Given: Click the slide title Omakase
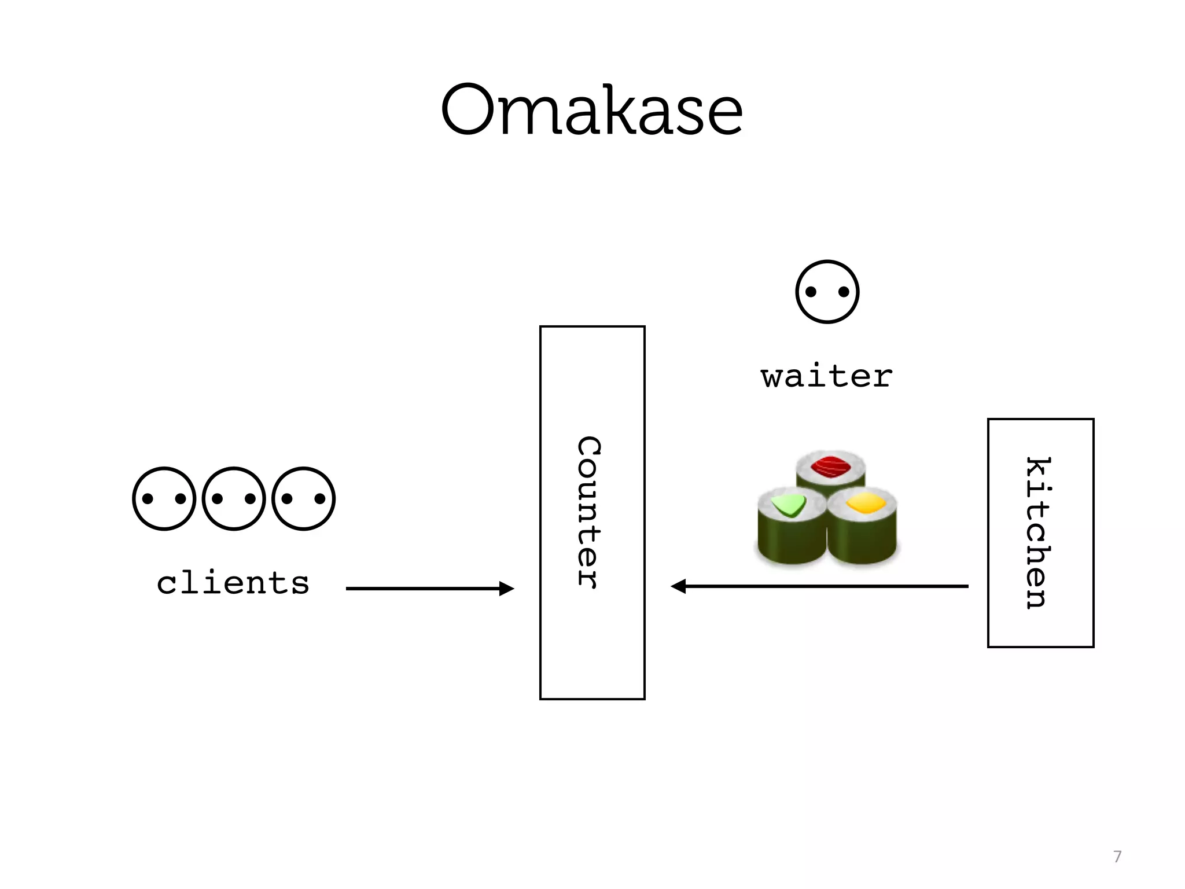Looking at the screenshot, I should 591,110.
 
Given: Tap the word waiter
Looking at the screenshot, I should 826,377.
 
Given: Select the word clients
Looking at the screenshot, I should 233,583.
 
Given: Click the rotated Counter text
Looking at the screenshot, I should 590,512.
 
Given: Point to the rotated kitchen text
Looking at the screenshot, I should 1039,532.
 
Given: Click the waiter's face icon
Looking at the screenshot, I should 827,292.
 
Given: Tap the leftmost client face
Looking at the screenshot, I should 164,498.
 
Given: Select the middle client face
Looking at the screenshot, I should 234,498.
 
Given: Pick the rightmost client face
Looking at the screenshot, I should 303,498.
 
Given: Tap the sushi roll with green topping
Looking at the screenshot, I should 791,524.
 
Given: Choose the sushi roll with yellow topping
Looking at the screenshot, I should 863,524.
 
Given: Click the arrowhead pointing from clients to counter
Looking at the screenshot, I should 506,589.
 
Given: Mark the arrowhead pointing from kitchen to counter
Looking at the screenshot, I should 678,586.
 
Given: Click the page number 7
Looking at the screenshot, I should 1117,857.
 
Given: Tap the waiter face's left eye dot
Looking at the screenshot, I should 811,292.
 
